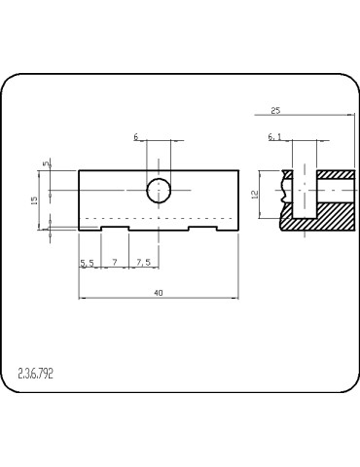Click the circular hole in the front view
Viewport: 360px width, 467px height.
coord(159,190)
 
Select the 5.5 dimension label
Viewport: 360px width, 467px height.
coord(87,263)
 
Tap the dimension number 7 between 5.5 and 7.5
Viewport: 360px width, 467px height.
coord(115,263)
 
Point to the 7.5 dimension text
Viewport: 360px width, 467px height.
coord(143,263)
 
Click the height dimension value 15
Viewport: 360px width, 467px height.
coord(35,199)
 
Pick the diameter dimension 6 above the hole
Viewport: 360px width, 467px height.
coord(136,137)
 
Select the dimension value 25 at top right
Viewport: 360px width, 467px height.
coord(275,110)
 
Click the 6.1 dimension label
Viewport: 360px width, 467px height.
coord(275,138)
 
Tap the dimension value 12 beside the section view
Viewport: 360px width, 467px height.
coord(255,194)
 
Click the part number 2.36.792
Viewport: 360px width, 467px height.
coord(36,373)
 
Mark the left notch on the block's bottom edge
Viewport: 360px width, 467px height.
coord(115,230)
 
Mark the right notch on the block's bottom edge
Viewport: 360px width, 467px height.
coord(201,230)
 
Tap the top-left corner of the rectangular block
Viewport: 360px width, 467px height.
coord(79,170)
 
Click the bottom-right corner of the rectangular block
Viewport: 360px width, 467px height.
coord(238,232)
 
